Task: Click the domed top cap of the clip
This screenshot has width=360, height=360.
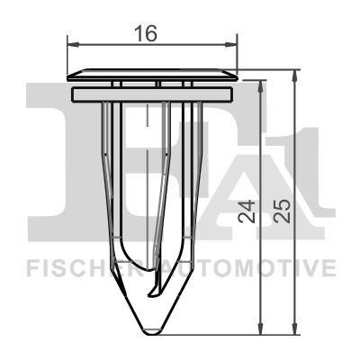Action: point(152,71)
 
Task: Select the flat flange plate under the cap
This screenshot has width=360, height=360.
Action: point(152,93)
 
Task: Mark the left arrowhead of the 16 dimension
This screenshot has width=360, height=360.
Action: point(73,43)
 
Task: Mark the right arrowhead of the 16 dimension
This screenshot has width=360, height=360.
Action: point(231,43)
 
